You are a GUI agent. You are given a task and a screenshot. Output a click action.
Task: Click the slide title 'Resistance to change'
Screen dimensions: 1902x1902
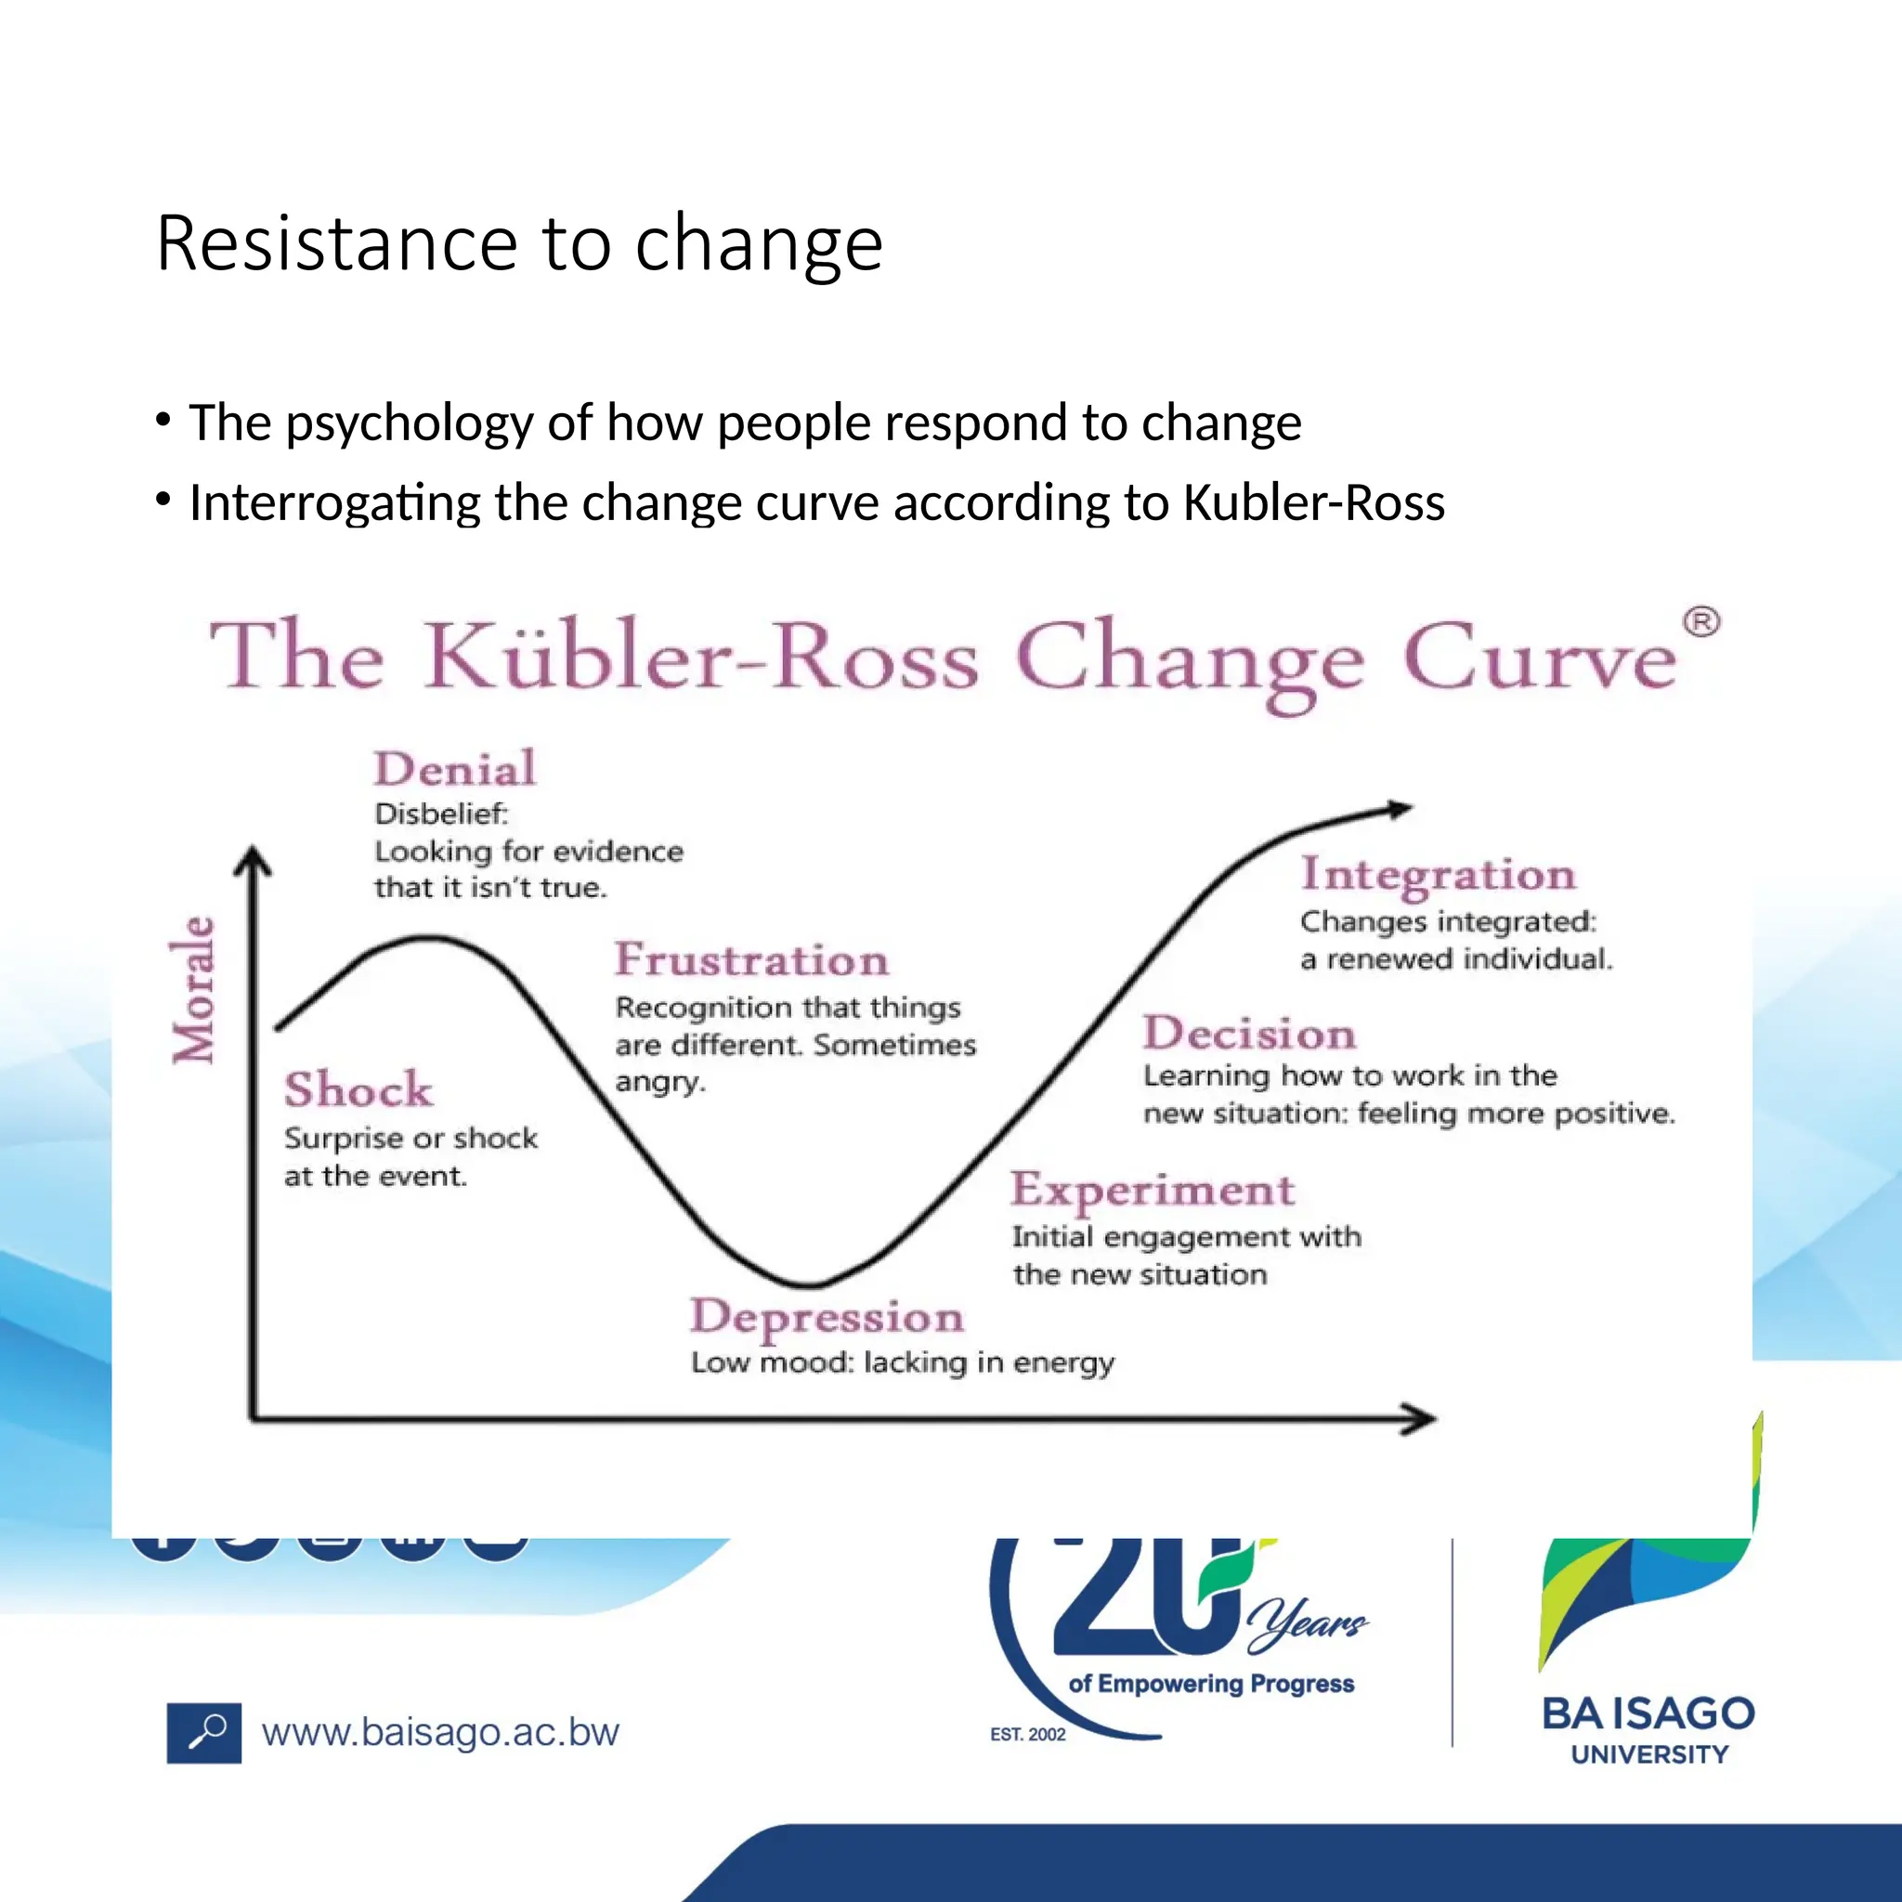[x=519, y=243]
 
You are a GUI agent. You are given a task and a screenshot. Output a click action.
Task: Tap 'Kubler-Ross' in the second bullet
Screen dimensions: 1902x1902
[x=1313, y=503]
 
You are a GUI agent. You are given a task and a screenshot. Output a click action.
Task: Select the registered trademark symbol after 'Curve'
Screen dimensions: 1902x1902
[x=1700, y=622]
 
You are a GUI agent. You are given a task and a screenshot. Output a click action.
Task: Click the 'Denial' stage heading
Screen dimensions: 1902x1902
[x=455, y=769]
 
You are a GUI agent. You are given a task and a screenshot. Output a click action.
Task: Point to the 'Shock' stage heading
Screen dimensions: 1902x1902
[x=358, y=1089]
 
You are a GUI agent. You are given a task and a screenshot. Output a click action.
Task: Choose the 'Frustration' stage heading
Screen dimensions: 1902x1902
[x=751, y=960]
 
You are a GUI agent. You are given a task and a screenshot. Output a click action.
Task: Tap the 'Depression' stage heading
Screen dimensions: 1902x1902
[x=827, y=1317]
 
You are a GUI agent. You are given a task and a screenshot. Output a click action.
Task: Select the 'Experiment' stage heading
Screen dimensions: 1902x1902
[x=1152, y=1191]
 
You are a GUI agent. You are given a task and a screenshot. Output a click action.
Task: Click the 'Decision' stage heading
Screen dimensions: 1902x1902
[x=1249, y=1034]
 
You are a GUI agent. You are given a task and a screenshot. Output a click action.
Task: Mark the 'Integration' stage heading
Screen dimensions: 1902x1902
[x=1439, y=874]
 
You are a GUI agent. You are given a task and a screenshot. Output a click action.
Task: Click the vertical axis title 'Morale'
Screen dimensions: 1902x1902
[x=193, y=989]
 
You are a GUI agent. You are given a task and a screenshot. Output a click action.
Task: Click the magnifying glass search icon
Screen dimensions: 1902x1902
[x=203, y=1733]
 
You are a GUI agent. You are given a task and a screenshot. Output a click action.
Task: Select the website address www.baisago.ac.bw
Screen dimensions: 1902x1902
[x=440, y=1733]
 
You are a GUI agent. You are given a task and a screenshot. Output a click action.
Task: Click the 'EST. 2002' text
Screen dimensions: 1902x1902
[x=1028, y=1735]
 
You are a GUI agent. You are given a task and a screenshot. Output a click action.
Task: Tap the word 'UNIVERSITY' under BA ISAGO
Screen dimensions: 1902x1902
[x=1649, y=1754]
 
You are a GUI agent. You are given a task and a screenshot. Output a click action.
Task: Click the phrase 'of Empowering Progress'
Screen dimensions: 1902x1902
[x=1211, y=1684]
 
